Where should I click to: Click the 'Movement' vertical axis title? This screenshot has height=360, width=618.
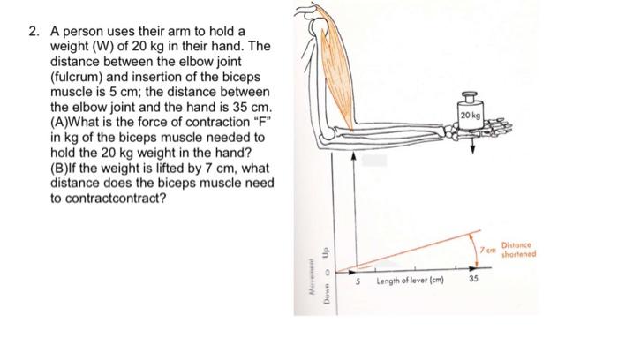click(x=311, y=275)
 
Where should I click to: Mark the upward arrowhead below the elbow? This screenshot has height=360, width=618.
click(x=354, y=155)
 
